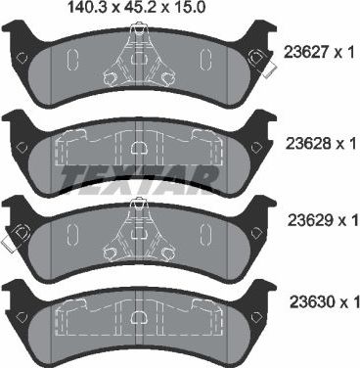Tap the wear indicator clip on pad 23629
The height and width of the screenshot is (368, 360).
[18, 234]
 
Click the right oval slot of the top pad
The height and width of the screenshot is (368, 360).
[206, 61]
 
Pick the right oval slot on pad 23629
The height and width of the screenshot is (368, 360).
[206, 233]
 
